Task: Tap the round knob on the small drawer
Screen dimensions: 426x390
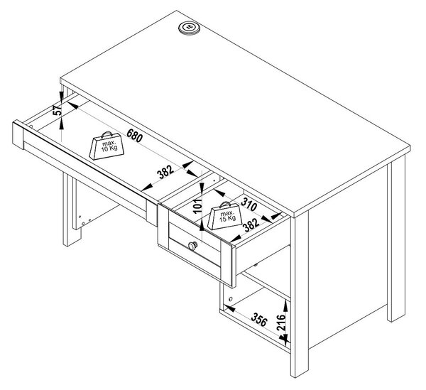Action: [x=192, y=246]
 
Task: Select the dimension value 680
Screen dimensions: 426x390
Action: [x=134, y=136]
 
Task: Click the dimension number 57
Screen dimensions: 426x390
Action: [x=58, y=110]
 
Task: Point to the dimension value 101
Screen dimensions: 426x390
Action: [x=199, y=206]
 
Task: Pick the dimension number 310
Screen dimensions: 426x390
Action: [x=249, y=205]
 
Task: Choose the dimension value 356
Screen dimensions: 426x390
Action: [x=259, y=320]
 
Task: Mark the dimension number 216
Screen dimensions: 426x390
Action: [x=281, y=323]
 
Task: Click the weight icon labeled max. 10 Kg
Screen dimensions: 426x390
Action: [x=106, y=146]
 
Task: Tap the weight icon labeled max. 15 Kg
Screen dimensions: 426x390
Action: [x=224, y=215]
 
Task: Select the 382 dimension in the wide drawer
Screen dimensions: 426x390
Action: [x=166, y=172]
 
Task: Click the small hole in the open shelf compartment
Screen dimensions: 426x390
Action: [x=230, y=299]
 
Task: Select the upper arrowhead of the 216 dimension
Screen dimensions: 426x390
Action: [x=285, y=306]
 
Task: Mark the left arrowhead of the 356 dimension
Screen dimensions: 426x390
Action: [x=229, y=308]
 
